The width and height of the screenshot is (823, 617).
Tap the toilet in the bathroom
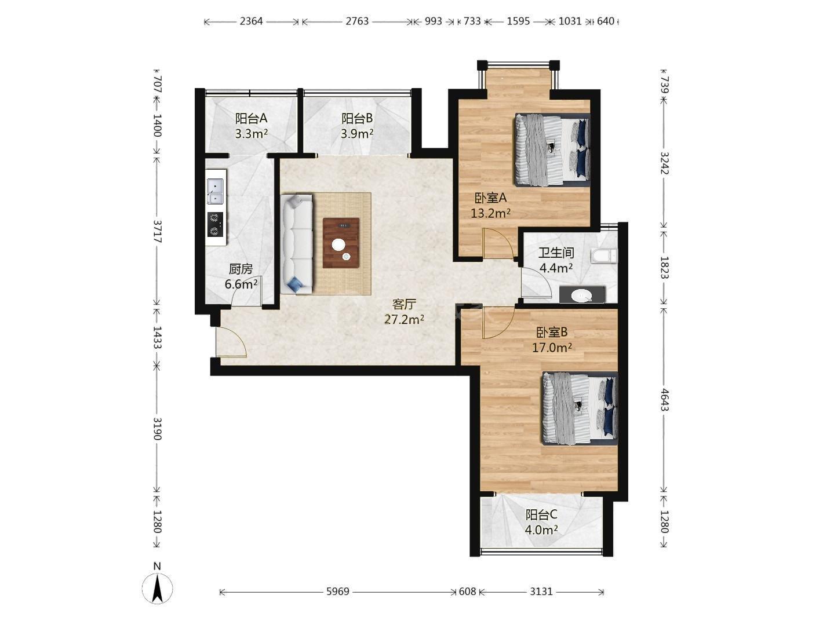click(x=604, y=256)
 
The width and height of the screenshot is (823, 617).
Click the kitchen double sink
click(x=215, y=191)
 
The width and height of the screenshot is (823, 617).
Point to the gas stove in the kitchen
click(x=214, y=224)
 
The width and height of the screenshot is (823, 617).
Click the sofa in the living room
click(x=297, y=243)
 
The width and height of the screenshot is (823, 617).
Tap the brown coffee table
click(x=341, y=243)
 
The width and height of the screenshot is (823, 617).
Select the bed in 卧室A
click(x=552, y=149)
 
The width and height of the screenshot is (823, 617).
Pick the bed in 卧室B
click(x=580, y=408)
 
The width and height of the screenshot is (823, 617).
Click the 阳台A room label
click(x=251, y=118)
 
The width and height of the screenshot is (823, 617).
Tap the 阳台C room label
click(x=541, y=514)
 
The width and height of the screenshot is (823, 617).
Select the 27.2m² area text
click(x=404, y=320)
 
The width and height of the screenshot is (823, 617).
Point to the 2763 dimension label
click(x=357, y=21)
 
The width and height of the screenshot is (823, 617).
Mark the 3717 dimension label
click(x=158, y=231)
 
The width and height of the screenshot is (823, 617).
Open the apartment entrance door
click(x=230, y=342)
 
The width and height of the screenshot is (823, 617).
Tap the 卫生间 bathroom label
click(x=556, y=253)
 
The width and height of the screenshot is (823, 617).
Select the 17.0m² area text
click(x=552, y=348)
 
